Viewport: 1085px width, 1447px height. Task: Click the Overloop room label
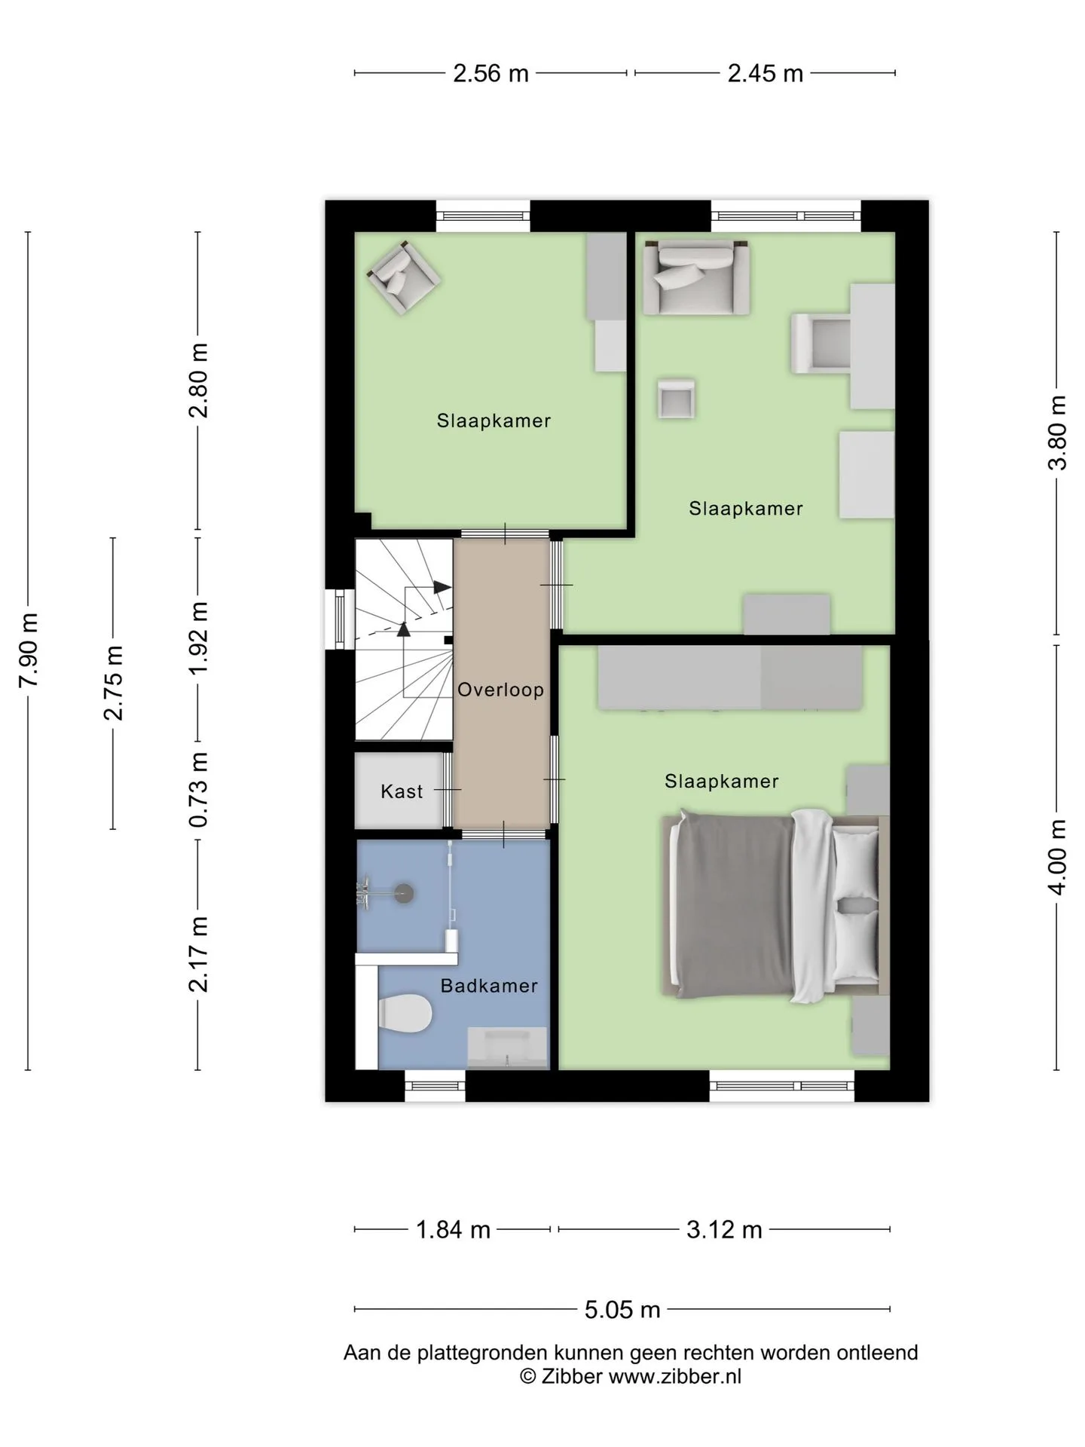tap(500, 690)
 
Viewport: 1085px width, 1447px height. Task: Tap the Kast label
tap(402, 791)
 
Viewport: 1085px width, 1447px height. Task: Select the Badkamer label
tap(489, 986)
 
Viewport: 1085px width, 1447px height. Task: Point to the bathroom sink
tap(509, 1048)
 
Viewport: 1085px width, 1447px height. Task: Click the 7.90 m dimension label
tap(29, 650)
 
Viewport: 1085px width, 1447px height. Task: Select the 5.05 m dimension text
tap(622, 1310)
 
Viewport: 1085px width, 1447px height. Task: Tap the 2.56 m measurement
tap(491, 74)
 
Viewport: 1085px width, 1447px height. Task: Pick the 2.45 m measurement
tap(765, 74)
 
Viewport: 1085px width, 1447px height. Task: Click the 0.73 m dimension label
tap(198, 789)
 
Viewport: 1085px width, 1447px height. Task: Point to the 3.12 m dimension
tap(724, 1230)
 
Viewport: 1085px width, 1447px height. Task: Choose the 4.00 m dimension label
tap(1058, 857)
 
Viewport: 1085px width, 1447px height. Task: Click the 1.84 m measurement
tap(453, 1230)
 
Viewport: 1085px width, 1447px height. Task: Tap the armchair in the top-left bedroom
tap(404, 277)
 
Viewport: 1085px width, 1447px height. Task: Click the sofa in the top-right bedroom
tap(695, 277)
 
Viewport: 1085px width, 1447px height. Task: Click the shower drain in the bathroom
tap(405, 893)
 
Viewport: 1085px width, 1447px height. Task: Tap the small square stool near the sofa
tap(676, 398)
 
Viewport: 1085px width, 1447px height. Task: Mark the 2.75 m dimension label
tap(113, 683)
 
